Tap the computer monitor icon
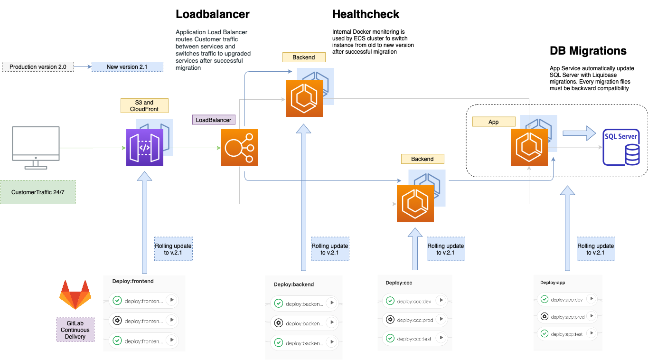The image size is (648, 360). point(36,147)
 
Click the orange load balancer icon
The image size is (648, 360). point(240,148)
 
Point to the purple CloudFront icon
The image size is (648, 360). point(145,148)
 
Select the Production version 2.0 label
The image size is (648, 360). point(38,67)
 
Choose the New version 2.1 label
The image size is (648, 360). point(127,67)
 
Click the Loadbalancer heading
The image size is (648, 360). point(212,14)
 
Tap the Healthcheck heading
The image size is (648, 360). point(366,14)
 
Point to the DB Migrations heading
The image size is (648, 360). point(588,51)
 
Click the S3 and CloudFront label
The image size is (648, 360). point(145,105)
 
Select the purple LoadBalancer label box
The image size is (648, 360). point(214,120)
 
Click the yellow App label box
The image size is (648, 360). point(494,122)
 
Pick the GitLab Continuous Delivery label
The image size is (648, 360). point(75,330)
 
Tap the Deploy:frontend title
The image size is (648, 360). point(133,281)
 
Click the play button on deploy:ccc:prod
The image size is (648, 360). point(441,319)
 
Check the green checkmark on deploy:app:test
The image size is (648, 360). point(545,334)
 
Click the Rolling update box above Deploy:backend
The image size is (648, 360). point(330,249)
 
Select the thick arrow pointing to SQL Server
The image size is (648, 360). point(579,133)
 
